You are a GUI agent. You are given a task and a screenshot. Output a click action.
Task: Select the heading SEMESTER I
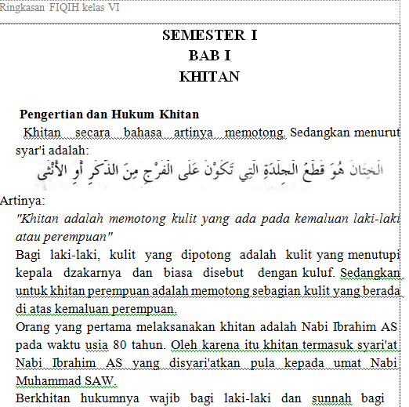(x=209, y=35)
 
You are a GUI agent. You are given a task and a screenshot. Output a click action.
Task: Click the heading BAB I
(x=209, y=56)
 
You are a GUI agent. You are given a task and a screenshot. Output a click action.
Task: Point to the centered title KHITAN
(x=209, y=76)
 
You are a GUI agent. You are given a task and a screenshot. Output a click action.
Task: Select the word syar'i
(x=32, y=149)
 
